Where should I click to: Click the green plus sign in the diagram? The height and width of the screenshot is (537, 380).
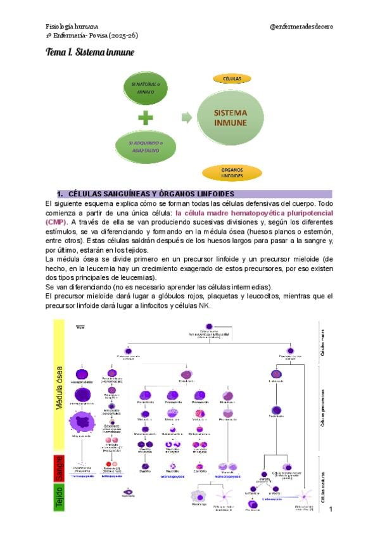click(146, 118)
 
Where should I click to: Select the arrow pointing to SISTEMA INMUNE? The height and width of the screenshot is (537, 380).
click(186, 117)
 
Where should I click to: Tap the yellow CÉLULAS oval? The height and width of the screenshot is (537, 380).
click(231, 79)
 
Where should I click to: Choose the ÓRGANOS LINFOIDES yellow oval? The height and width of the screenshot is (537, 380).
click(232, 172)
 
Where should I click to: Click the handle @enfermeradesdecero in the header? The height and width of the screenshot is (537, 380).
click(301, 27)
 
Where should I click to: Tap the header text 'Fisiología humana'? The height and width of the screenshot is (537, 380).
click(72, 27)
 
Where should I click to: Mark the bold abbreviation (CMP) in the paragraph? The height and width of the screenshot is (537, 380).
click(56, 222)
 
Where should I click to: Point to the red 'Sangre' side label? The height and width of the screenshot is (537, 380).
click(58, 467)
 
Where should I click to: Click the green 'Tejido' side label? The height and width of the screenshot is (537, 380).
click(58, 497)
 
